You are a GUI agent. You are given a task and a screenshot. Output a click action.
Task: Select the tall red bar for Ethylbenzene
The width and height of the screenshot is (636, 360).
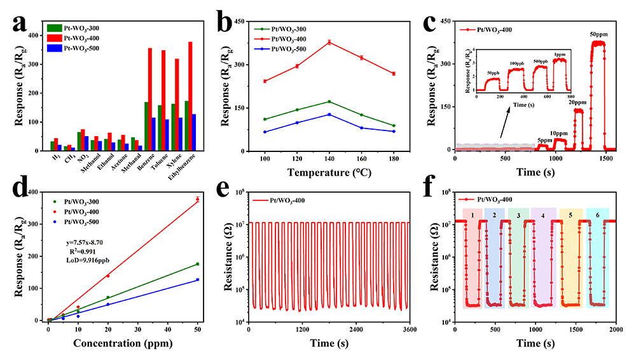(x=190, y=95)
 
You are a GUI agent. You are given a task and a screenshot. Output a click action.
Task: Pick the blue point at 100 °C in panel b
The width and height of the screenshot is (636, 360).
(x=265, y=132)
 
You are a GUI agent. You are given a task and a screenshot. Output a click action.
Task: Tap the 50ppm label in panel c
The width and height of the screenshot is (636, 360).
(x=597, y=33)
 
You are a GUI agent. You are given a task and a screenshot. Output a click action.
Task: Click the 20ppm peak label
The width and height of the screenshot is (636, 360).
(x=577, y=102)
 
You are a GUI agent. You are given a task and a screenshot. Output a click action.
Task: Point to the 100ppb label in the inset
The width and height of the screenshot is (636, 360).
(x=516, y=64)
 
